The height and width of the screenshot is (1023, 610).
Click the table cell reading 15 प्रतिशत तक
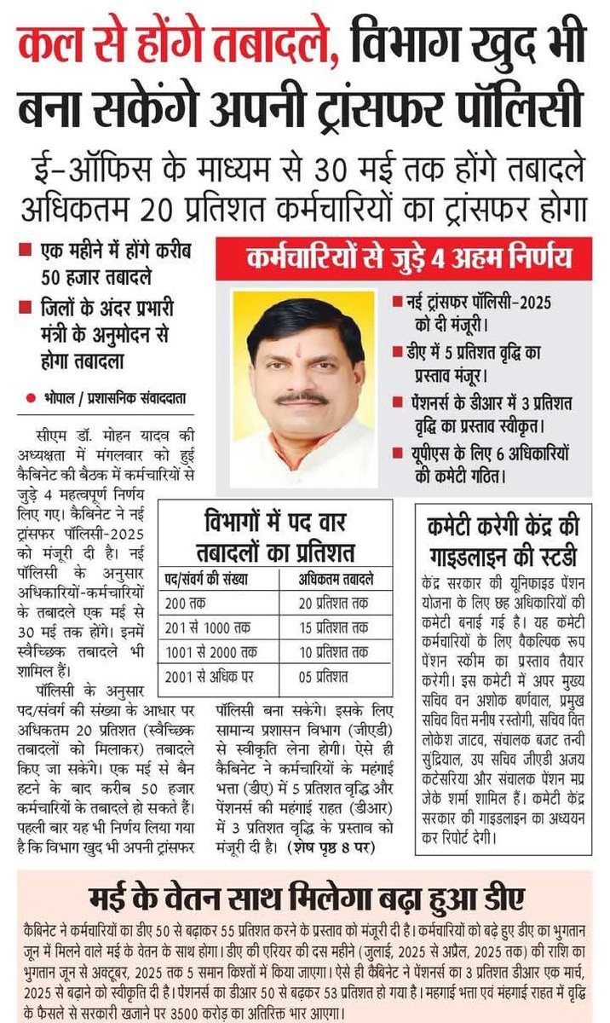coord(334,627)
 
